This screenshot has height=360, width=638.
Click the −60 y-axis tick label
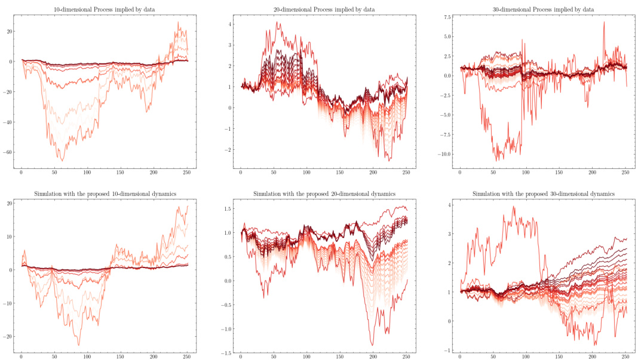[x=7, y=153]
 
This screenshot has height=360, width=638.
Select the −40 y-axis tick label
[x=7, y=122]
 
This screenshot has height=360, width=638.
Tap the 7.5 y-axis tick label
[x=447, y=17]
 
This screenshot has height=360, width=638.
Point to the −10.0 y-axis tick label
[x=444, y=154]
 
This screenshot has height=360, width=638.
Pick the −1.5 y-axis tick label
[x=225, y=353]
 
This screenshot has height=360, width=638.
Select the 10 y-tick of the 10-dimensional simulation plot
[x=9, y=236]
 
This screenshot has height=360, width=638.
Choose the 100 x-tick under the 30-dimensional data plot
[x=526, y=173]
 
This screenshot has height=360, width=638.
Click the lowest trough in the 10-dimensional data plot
[x=62, y=161]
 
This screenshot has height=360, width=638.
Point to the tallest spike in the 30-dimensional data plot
[x=604, y=22]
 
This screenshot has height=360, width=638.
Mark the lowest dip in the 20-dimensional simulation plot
[x=372, y=345]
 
